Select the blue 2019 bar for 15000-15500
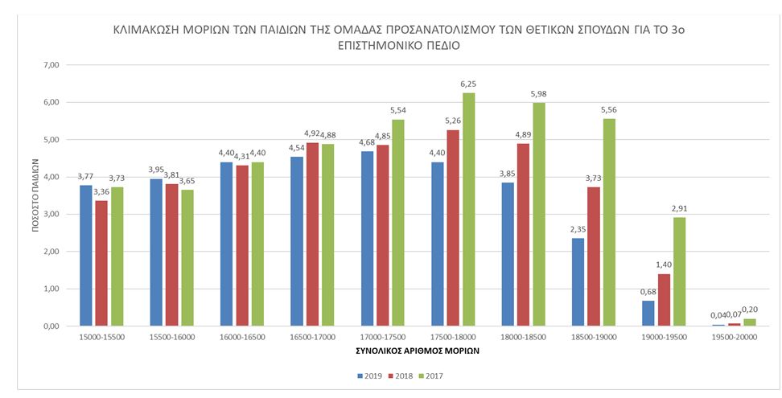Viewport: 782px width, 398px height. tap(86, 256)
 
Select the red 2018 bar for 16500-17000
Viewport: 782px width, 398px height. tap(312, 234)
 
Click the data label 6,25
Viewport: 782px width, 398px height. tap(469, 84)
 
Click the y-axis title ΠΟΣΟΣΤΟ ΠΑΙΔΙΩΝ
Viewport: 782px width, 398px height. tap(35, 195)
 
